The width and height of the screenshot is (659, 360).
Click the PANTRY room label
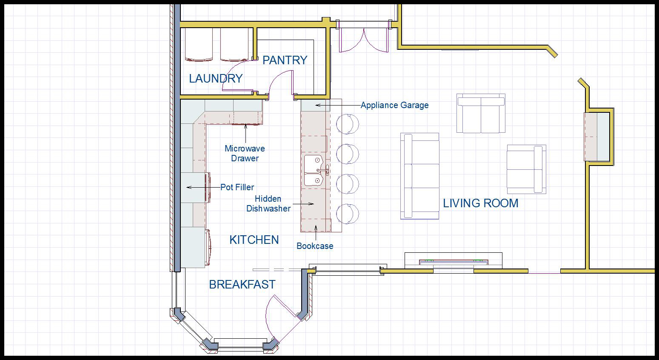(285, 60)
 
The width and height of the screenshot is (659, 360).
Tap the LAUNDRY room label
(216, 79)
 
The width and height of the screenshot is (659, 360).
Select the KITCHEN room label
(254, 240)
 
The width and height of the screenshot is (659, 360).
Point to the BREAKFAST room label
(242, 285)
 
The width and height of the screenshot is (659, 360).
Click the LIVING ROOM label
(481, 203)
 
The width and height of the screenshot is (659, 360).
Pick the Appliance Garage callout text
(394, 105)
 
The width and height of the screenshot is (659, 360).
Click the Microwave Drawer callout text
(245, 153)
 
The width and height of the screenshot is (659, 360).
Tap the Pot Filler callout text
(237, 187)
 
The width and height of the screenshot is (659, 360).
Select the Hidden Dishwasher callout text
(268, 204)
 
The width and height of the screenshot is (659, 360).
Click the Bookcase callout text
(315, 246)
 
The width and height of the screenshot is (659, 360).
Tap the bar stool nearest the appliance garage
(348, 124)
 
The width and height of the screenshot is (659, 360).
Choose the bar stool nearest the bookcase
(348, 214)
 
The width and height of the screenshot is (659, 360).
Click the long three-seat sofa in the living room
(420, 176)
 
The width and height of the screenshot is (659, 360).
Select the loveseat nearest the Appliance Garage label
(481, 113)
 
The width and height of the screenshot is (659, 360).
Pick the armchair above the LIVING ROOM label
(526, 169)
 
